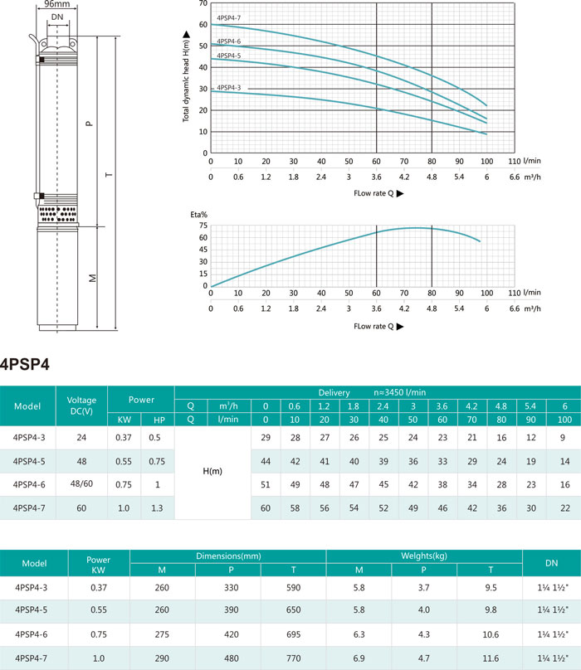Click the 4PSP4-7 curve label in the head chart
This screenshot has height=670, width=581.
pyautogui.click(x=228, y=18)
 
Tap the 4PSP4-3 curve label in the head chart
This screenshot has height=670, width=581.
pyautogui.click(x=228, y=88)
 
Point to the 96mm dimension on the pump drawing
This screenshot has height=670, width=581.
pyautogui.click(x=57, y=4)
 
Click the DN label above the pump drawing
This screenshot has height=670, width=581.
pyautogui.click(x=57, y=17)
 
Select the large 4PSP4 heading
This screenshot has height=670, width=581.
pyautogui.click(x=25, y=364)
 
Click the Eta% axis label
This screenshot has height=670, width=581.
pyautogui.click(x=199, y=215)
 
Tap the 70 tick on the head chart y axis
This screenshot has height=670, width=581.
pyautogui.click(x=203, y=3)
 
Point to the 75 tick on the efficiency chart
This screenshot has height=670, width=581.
pyautogui.click(x=203, y=226)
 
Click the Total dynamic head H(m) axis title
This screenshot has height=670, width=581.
pyautogui.click(x=186, y=77)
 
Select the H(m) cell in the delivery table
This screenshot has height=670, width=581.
pyautogui.click(x=212, y=471)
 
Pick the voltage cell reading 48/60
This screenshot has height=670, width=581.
pyautogui.click(x=81, y=483)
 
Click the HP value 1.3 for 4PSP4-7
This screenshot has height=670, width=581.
pyautogui.click(x=157, y=508)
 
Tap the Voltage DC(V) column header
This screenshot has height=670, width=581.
pyautogui.click(x=81, y=405)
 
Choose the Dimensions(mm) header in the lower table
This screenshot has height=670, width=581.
pyautogui.click(x=228, y=556)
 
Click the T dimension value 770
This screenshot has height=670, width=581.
pyautogui.click(x=294, y=658)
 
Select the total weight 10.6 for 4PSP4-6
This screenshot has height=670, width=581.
pyautogui.click(x=491, y=634)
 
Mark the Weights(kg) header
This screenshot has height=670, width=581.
pyautogui.click(x=424, y=556)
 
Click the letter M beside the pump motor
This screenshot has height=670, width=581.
pyautogui.click(x=92, y=278)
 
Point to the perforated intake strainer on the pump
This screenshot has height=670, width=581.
pyautogui.click(x=57, y=214)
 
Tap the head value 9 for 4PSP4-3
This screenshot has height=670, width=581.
pyautogui.click(x=563, y=438)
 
